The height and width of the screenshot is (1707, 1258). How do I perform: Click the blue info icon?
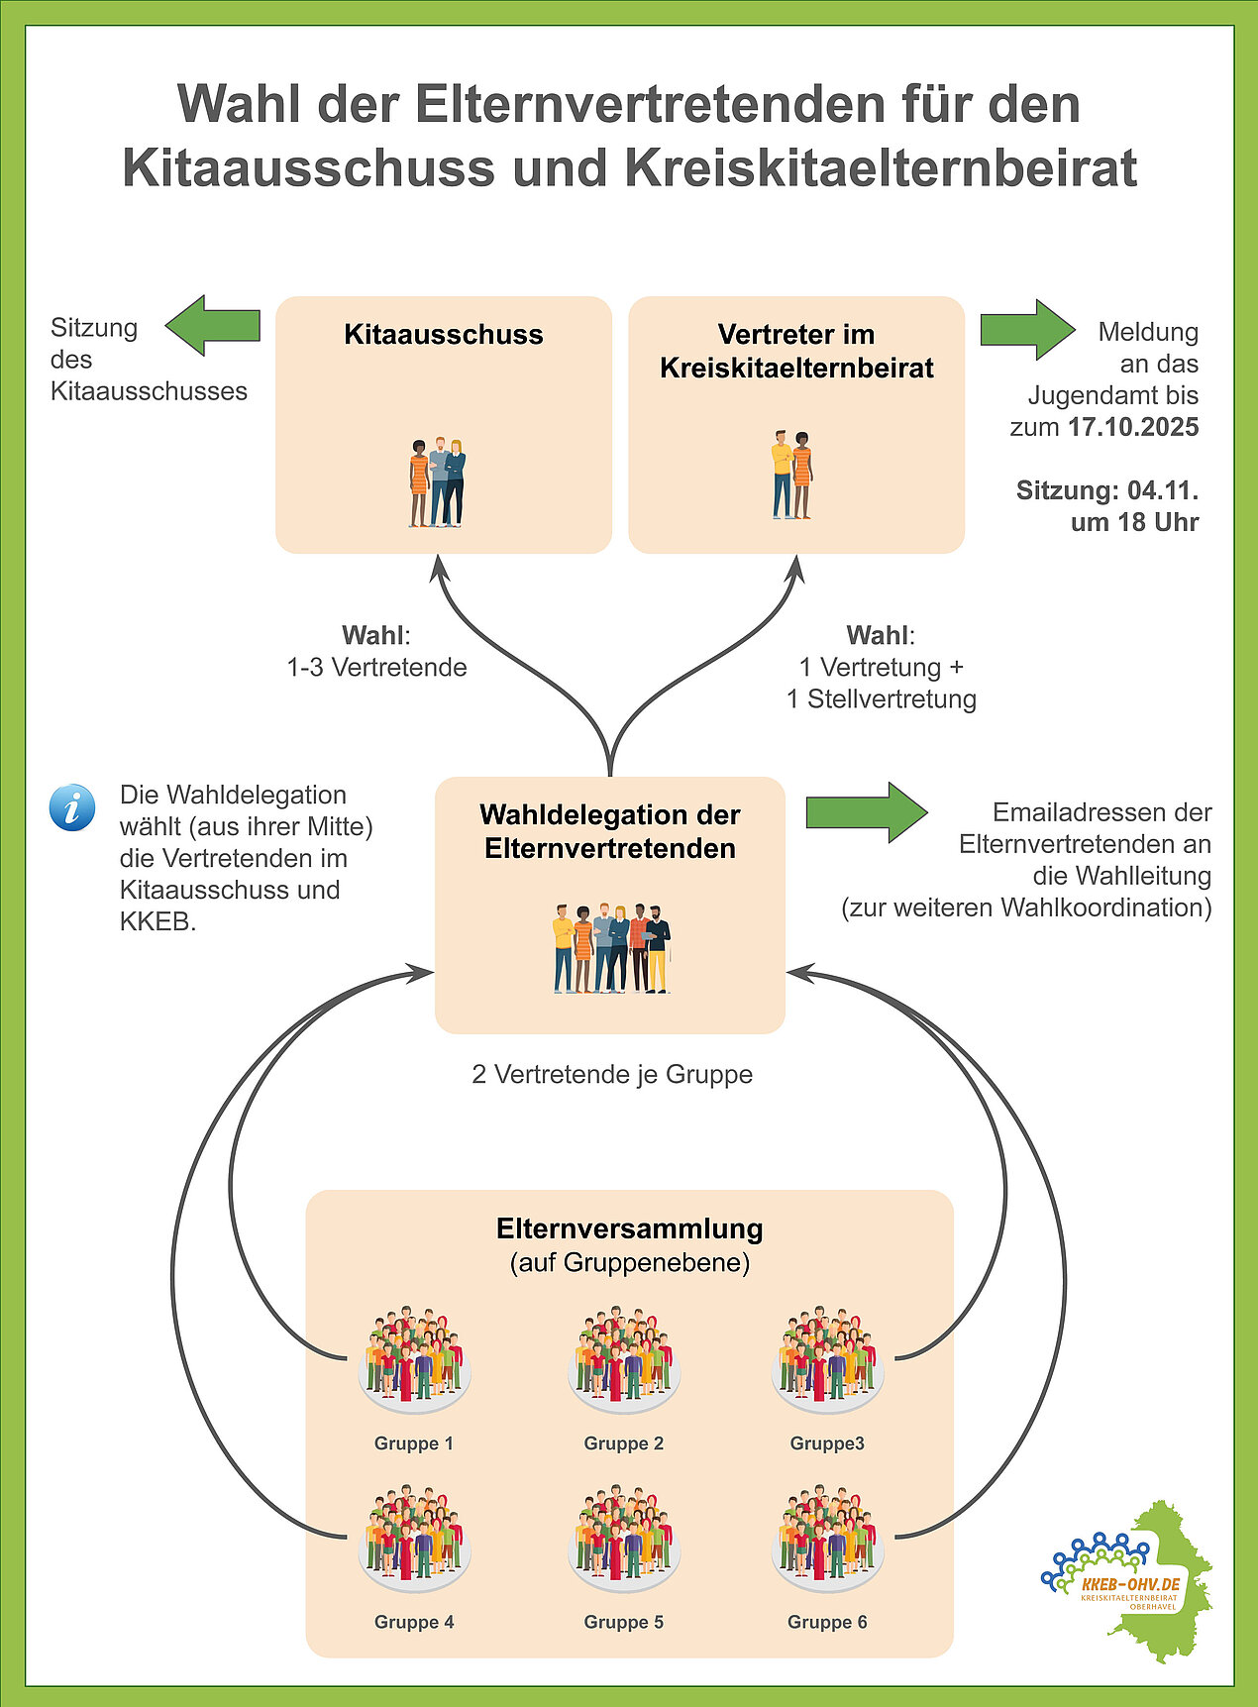coord(72,807)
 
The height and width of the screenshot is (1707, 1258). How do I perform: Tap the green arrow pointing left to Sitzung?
coord(212,325)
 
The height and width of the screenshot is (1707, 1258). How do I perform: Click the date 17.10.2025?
coord(1133,427)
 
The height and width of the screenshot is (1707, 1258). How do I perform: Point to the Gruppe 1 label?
coord(413,1443)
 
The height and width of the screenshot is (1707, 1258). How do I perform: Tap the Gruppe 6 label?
coord(827,1622)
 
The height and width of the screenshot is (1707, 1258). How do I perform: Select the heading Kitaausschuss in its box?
coord(443,335)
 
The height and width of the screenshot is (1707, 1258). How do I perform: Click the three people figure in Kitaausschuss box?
coord(437,482)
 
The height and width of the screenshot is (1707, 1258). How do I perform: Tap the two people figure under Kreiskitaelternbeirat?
coord(791,475)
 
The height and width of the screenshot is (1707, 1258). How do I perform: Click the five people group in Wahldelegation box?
coord(611,948)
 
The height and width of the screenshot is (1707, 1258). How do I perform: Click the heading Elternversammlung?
coord(629,1228)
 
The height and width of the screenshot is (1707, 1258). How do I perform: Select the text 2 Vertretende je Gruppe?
coord(612,1074)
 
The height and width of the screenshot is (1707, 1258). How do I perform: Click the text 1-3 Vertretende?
coord(376,667)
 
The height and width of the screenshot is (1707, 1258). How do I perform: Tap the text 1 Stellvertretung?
coord(881,698)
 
